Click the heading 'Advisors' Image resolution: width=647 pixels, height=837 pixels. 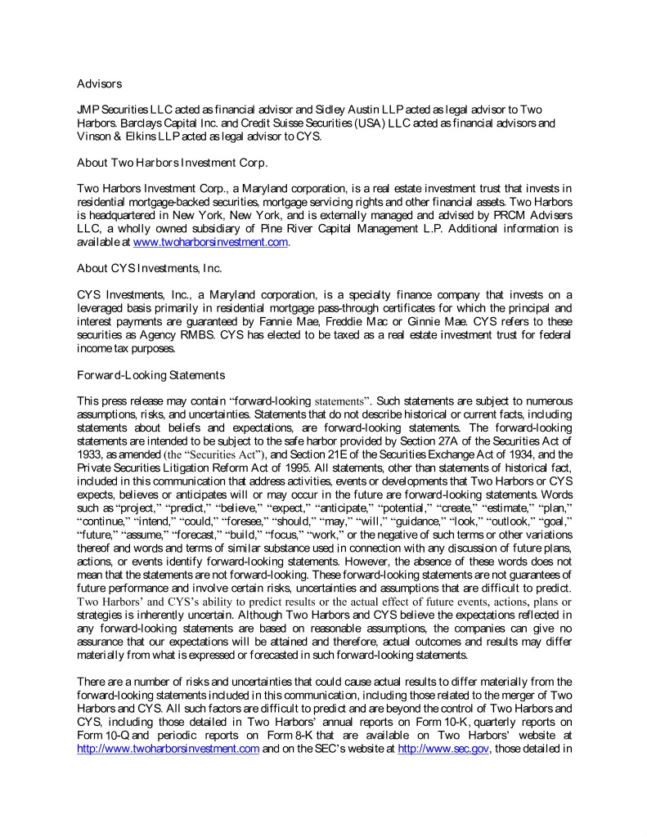click(x=99, y=83)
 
